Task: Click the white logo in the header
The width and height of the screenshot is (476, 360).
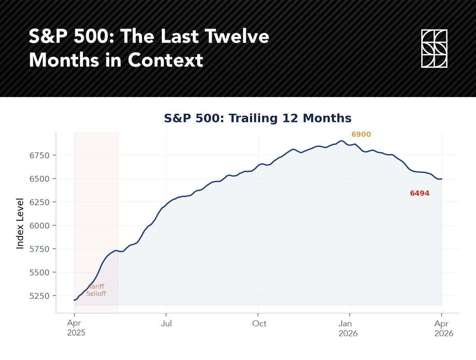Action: [x=434, y=48]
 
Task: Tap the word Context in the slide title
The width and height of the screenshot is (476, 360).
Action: [x=166, y=60]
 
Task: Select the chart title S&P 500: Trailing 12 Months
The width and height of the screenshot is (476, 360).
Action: [x=258, y=119]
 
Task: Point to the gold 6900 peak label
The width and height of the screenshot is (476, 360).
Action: [x=361, y=134]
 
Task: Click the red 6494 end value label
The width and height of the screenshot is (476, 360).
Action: [x=420, y=193]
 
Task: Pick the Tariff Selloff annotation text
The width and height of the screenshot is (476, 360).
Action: [x=96, y=290]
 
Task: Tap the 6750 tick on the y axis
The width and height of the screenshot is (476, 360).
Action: [x=40, y=155]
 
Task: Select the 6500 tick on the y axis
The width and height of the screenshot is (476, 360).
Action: [x=40, y=178]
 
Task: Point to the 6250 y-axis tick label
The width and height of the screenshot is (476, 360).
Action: [x=40, y=202]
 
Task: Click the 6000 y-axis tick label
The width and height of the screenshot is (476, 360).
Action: [x=40, y=225]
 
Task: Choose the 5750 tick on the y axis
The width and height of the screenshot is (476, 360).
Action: [x=40, y=249]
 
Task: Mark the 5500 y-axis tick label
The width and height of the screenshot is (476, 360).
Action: [x=40, y=272]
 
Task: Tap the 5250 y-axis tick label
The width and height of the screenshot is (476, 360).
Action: [x=40, y=296]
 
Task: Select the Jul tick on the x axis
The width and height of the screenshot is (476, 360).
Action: [x=166, y=324]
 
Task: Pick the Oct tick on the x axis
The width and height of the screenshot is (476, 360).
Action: [x=259, y=324]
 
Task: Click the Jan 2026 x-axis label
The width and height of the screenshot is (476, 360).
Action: [x=348, y=328]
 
